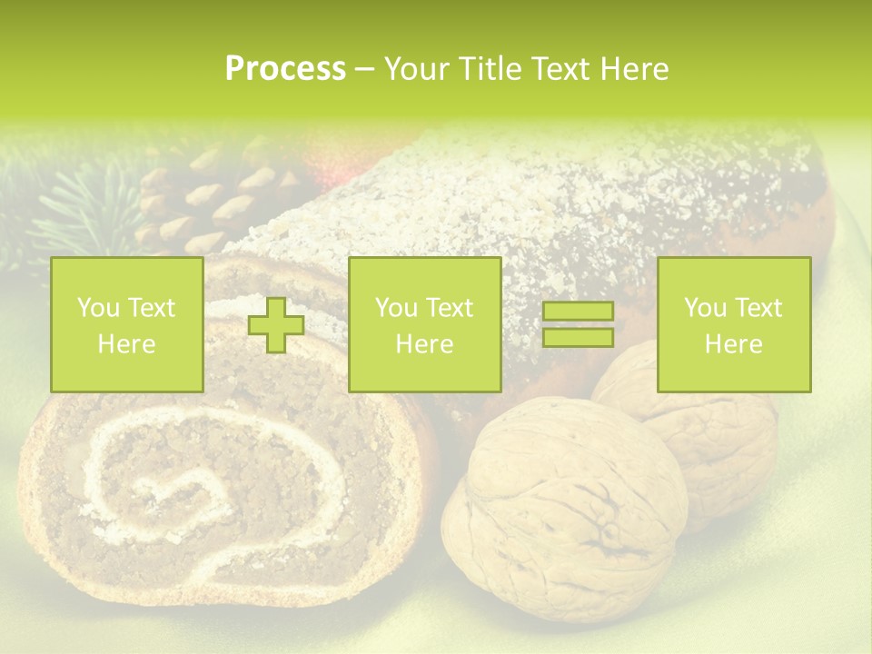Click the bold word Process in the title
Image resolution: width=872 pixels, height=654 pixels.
285,69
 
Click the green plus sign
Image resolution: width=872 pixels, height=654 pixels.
276,325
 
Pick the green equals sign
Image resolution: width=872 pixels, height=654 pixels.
578,324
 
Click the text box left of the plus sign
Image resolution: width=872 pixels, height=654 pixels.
126,325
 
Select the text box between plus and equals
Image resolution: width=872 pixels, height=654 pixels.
424,325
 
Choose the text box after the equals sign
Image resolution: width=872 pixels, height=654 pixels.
733,325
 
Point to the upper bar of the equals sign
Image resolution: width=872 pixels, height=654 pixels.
578,312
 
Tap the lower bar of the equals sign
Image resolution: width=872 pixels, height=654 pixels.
578,338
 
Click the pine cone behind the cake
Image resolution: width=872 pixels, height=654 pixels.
204,204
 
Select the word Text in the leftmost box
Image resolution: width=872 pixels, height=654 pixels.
151,308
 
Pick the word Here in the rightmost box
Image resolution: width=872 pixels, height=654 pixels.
733,344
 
